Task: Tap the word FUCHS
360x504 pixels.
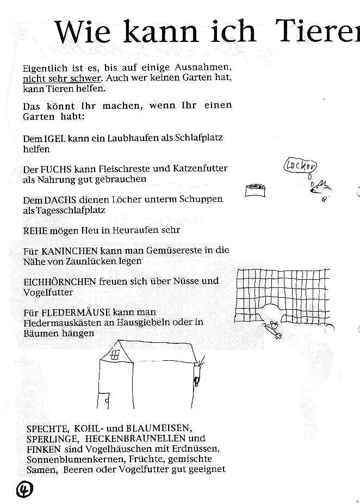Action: [x=58, y=169]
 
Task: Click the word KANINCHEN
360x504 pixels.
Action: [x=69, y=251]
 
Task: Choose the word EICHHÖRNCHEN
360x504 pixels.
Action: [x=60, y=281]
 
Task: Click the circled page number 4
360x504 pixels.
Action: [x=24, y=488]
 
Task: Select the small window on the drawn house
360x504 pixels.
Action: [x=115, y=355]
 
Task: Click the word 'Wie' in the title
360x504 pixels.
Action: [x=82, y=33]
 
